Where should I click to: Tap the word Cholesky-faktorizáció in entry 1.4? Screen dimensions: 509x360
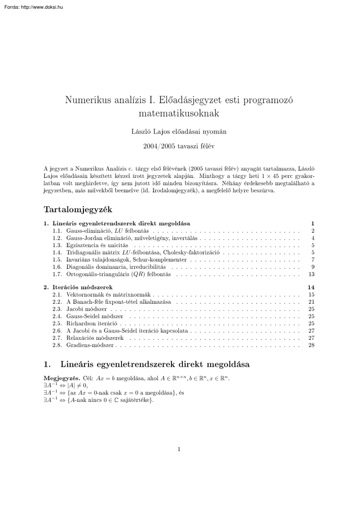click(x=192, y=252)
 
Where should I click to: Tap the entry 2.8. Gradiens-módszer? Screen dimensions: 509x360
click(x=90, y=345)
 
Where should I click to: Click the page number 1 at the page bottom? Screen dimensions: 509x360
click(x=179, y=449)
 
